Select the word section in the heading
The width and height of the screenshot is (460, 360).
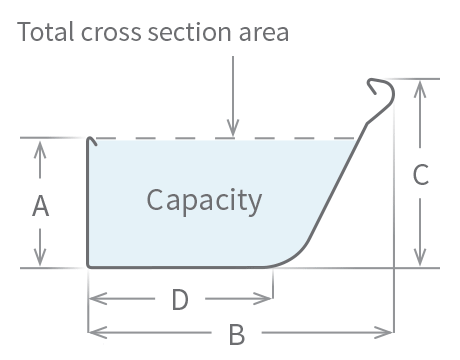(178, 33)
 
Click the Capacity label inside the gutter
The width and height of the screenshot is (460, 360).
(204, 200)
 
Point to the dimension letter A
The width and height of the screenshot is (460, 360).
(41, 206)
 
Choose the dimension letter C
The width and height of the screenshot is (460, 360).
(421, 175)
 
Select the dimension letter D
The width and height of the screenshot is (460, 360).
(179, 299)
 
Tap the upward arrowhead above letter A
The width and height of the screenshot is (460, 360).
(41, 146)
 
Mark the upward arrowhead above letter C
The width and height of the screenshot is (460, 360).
(421, 86)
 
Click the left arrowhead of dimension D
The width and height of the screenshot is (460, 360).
(96, 298)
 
